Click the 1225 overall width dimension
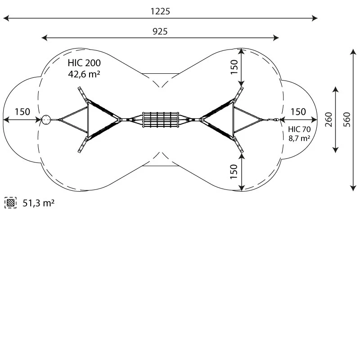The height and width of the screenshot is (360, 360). pos(160,12)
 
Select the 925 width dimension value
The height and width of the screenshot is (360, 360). pos(160,31)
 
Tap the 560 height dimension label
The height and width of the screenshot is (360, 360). pos(346,119)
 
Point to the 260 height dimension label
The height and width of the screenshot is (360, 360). pos(328,119)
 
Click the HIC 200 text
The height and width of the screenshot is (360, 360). pos(84,63)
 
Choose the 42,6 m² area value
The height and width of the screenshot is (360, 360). pos(84,74)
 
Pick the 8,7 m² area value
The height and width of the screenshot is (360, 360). pos(299,139)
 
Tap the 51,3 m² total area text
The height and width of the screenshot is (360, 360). pos(38,203)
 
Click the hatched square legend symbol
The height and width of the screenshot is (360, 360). pos(10,203)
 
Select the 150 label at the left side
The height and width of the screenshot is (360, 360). pos(22,112)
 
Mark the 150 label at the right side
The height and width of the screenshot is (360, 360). pos(298,112)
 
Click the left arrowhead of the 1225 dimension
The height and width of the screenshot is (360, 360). pos(5,18)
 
